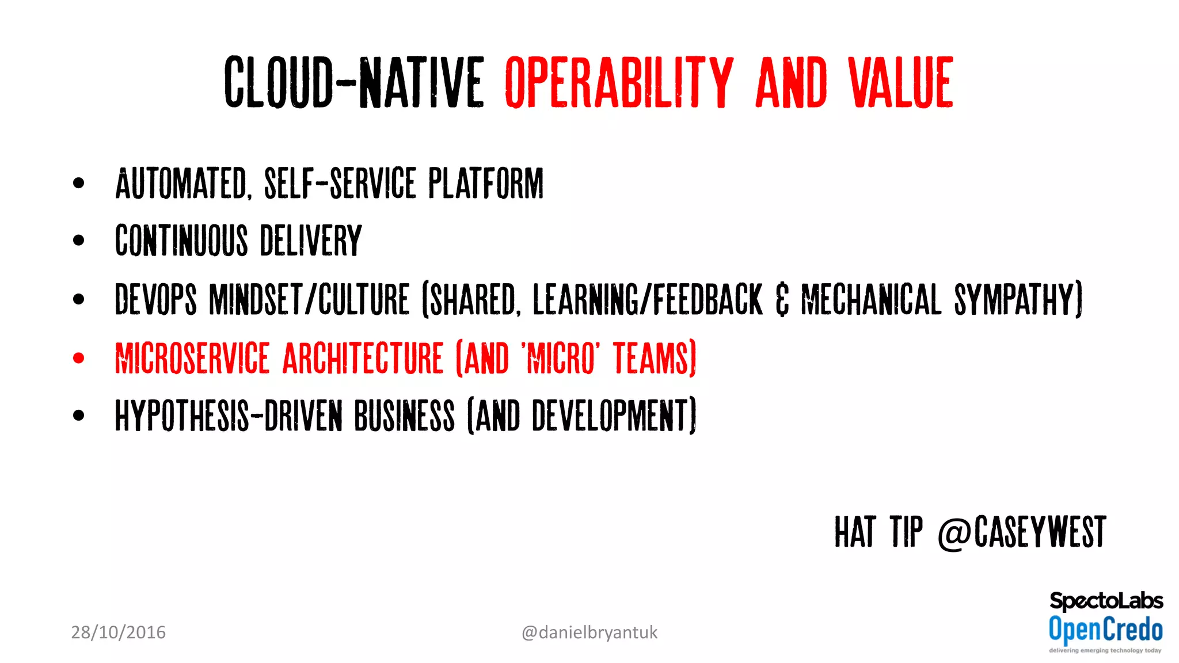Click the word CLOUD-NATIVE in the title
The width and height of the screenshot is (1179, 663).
coord(353,82)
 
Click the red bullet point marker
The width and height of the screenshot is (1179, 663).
coord(79,358)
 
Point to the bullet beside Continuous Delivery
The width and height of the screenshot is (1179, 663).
coord(79,241)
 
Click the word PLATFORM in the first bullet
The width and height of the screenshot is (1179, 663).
coord(486,184)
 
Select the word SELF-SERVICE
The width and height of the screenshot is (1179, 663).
coord(340,184)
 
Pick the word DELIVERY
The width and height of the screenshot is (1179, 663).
coord(311,241)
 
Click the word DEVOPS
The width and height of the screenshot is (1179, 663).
coord(155,299)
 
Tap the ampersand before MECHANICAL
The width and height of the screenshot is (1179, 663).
coord(782,300)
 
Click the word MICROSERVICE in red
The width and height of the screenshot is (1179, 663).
coord(192,358)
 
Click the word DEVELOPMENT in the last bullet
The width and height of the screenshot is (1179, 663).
coord(614,416)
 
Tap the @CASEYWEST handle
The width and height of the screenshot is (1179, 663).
coord(1022,532)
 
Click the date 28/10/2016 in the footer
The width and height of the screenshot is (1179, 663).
coord(118,632)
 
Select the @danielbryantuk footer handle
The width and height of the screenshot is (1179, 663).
coord(589,632)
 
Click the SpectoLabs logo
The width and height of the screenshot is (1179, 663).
coord(1106,601)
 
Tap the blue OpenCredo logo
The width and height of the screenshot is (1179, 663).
coord(1105,629)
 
